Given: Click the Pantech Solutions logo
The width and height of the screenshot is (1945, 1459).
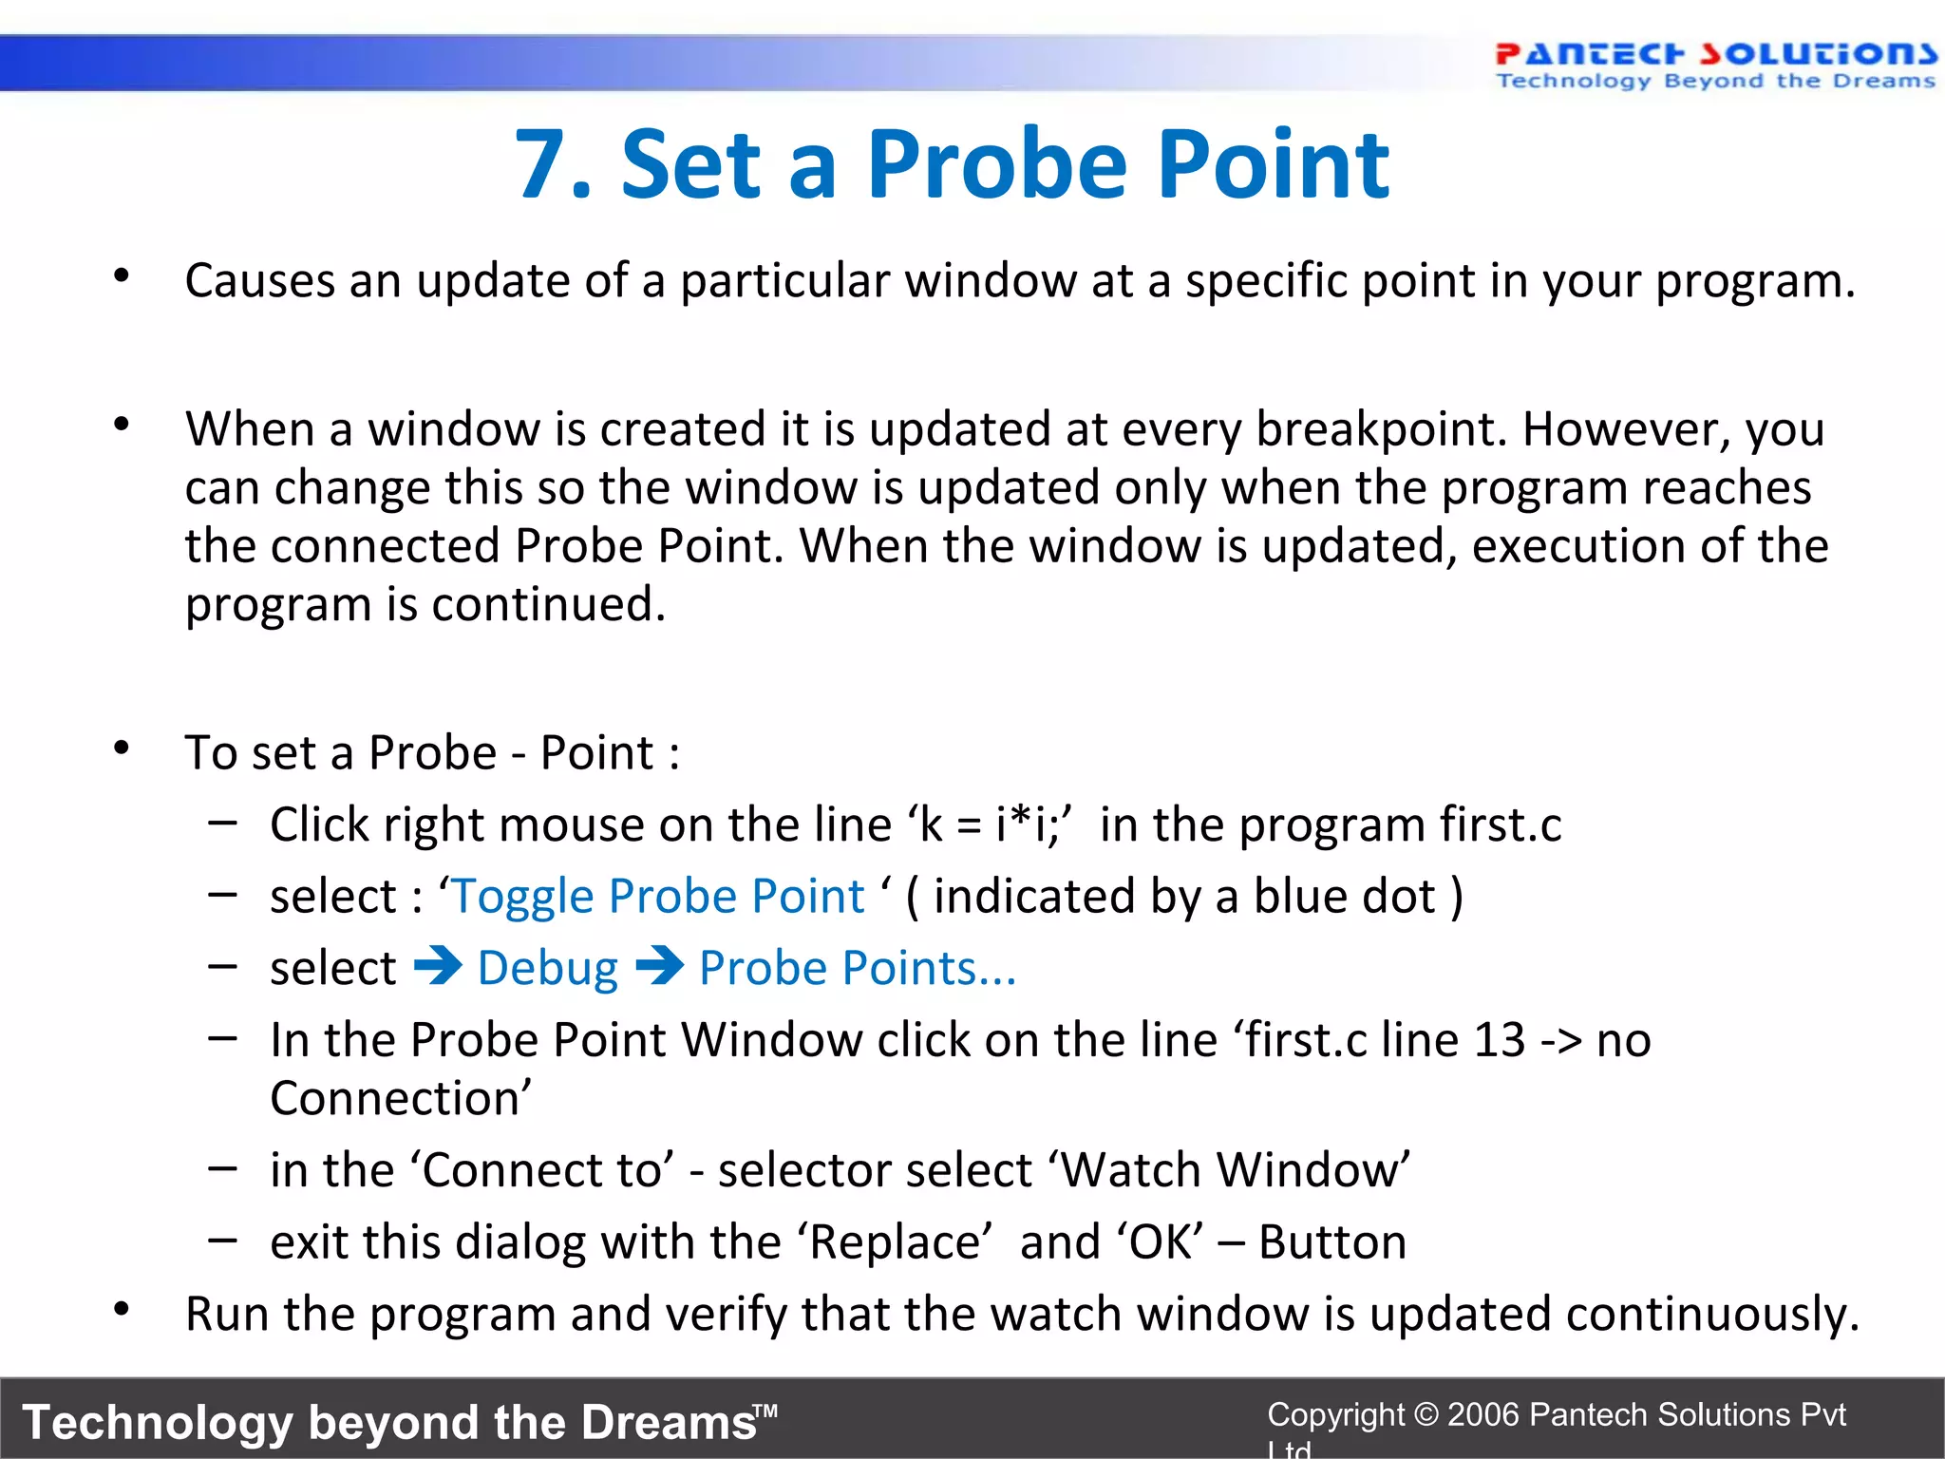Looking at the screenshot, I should pyautogui.click(x=1715, y=65).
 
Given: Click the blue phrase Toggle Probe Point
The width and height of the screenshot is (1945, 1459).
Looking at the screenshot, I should pyautogui.click(x=658, y=897).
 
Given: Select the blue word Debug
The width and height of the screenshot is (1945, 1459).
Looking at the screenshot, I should pyautogui.click(x=548, y=969).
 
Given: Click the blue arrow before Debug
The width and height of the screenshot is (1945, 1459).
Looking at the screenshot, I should pyautogui.click(x=438, y=967).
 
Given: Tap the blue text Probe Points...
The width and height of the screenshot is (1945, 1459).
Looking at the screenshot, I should pyautogui.click(x=857, y=969).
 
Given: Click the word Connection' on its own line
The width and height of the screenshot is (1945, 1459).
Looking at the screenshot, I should pyautogui.click(x=400, y=1099).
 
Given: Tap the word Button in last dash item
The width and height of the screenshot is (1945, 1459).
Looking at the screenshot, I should pyautogui.click(x=1331, y=1242).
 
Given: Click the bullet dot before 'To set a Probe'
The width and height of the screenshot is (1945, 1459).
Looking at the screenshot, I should pyautogui.click(x=122, y=748).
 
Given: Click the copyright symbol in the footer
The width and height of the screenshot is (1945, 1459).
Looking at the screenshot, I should pyautogui.click(x=1426, y=1414).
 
